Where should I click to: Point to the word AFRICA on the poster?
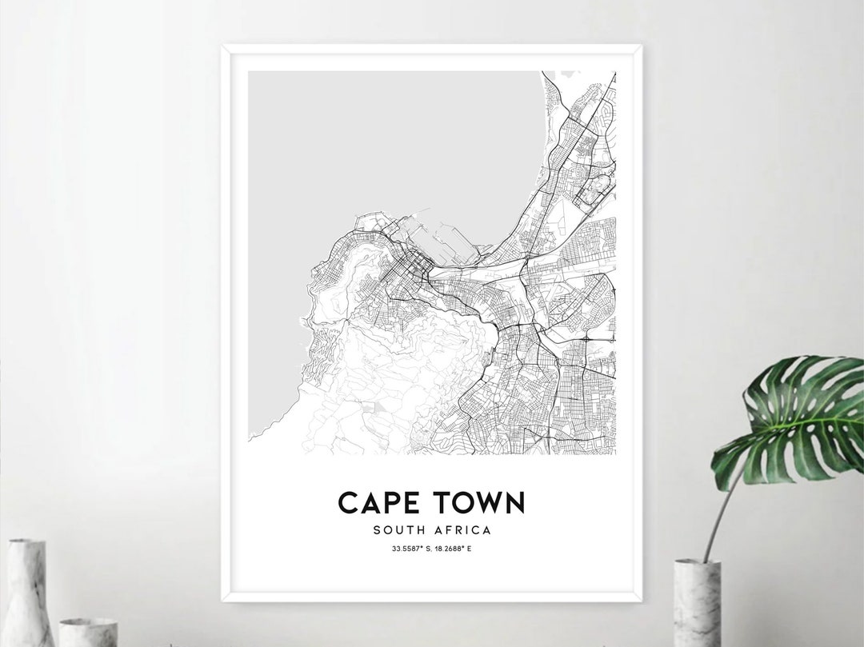pos(464,529)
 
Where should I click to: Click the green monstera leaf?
pos(792,420)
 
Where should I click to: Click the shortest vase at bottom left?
pos(87,632)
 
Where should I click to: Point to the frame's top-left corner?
pos(223,46)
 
